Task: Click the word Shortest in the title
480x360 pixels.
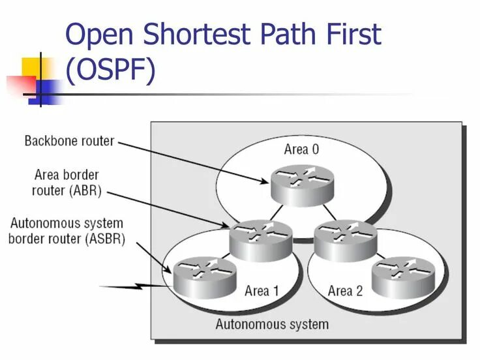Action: point(193,35)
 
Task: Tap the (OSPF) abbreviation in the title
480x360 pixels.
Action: point(111,70)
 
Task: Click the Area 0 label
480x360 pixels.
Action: point(301,149)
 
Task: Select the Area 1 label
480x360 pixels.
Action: point(262,290)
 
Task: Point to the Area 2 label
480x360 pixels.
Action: point(345,290)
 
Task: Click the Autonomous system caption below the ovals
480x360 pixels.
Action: point(272,323)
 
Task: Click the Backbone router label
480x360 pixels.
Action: point(69,140)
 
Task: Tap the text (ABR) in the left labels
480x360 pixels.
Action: point(84,190)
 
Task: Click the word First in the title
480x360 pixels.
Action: point(352,35)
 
